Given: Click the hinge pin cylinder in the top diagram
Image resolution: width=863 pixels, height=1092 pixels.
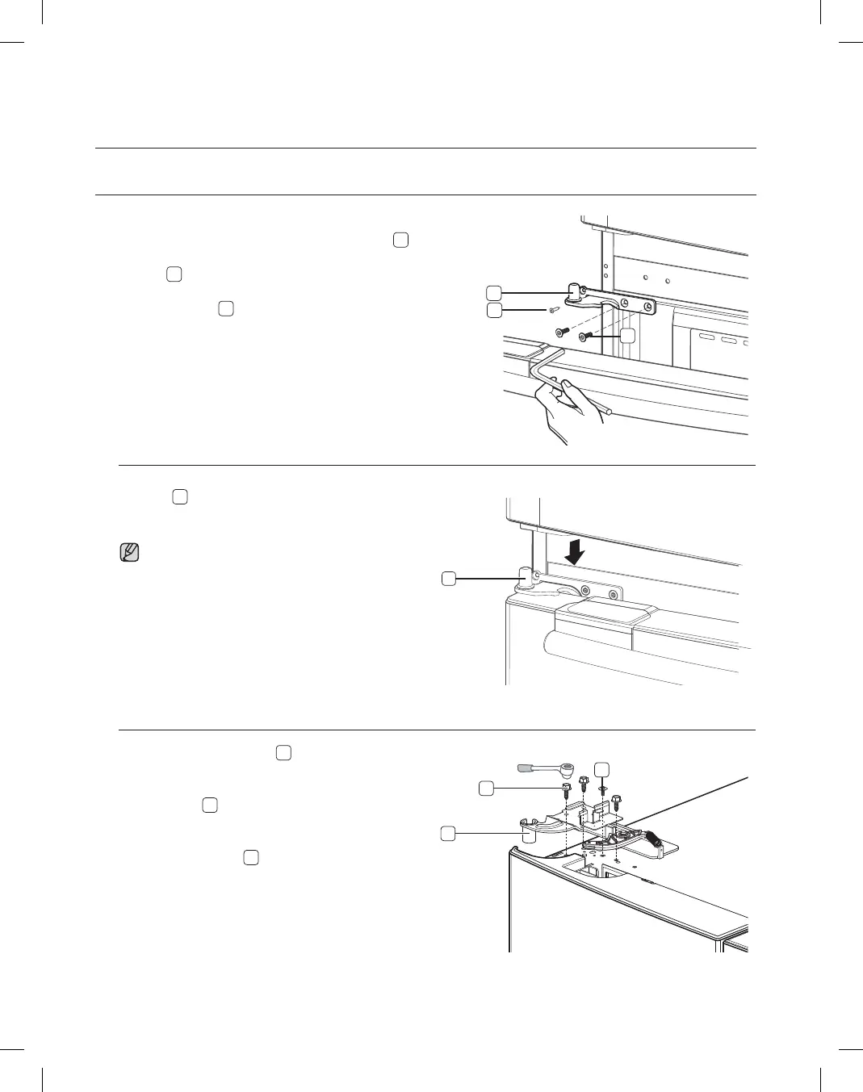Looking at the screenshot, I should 575,291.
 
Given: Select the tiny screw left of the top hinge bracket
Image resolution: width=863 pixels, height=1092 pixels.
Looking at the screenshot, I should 553,309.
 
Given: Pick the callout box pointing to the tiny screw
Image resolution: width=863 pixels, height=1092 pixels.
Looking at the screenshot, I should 494,310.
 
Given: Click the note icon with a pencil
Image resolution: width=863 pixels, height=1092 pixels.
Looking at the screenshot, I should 129,553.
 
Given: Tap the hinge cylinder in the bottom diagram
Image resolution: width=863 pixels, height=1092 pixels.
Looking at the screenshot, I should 529,835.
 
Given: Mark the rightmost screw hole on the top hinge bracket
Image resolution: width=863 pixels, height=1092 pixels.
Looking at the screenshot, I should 647,307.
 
